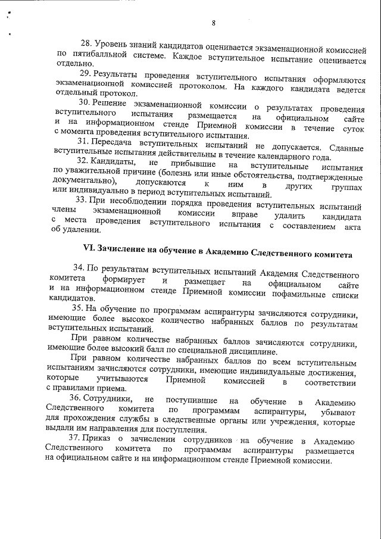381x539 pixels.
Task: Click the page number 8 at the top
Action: coord(213,23)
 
